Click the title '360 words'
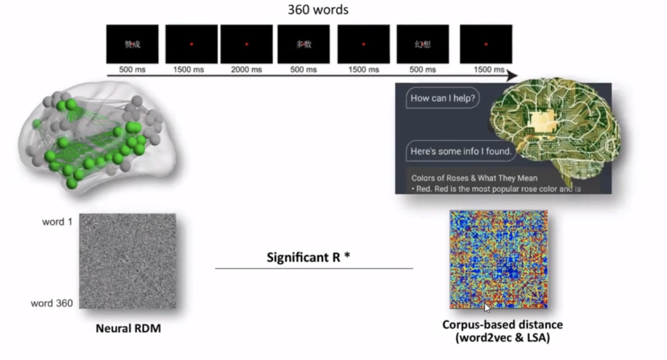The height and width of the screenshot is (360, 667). click(317, 10)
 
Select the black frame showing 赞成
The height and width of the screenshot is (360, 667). click(132, 44)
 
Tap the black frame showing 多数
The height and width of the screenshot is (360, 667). click(303, 44)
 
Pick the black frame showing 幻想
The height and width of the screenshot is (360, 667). click(422, 44)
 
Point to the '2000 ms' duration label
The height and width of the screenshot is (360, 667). click(246, 70)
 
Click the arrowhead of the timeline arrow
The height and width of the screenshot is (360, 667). click(512, 76)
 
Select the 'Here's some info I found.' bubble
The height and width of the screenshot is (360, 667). click(461, 151)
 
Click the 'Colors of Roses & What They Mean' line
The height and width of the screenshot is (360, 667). click(474, 178)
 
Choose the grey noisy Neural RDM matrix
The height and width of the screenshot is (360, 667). click(127, 261)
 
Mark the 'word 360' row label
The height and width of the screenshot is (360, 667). click(52, 303)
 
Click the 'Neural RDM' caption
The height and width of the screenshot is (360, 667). click(128, 329)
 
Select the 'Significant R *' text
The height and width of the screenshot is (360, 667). click(308, 257)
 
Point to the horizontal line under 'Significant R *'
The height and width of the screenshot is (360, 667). click(314, 269)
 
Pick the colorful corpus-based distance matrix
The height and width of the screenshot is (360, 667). click(498, 259)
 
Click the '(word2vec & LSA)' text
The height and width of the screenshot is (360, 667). click(502, 338)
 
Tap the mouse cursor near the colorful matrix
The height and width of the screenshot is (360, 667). click(488, 308)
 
